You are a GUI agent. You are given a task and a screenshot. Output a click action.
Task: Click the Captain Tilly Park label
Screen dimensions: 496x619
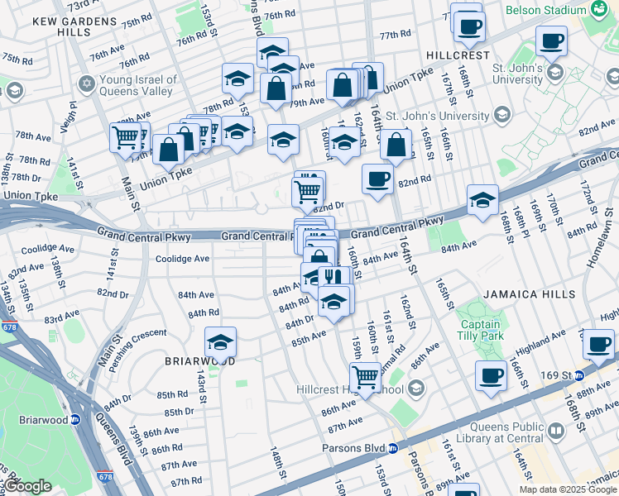point(480,331)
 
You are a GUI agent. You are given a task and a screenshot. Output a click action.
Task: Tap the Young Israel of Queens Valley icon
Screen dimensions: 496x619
point(86,84)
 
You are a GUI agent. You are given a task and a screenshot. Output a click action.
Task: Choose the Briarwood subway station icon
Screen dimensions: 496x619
point(74,419)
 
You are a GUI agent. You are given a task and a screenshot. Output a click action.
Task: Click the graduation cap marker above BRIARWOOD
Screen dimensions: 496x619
point(221,341)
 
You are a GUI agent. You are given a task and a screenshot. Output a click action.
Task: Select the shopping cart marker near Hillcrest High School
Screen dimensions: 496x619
point(364,376)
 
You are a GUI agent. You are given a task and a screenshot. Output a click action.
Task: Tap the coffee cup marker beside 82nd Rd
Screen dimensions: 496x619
point(378,179)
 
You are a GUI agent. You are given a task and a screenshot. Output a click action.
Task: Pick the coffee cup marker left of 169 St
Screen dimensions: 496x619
point(491,375)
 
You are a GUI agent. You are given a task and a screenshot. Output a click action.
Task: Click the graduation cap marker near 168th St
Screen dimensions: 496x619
point(482,200)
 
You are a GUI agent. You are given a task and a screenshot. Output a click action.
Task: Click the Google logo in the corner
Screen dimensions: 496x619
point(27,486)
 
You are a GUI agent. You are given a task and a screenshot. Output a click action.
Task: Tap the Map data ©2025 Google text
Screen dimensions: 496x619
point(567,489)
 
